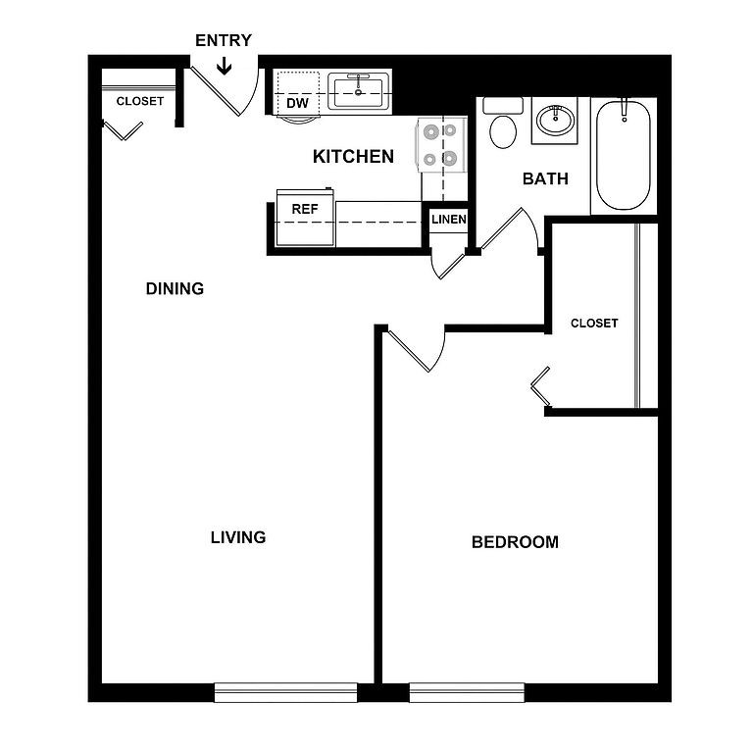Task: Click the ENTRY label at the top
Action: point(224,40)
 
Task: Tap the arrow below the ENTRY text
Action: point(224,67)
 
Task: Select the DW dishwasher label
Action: point(298,103)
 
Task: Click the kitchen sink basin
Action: point(358,93)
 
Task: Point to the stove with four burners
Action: point(442,144)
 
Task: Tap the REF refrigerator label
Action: point(305,210)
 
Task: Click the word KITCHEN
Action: point(353,157)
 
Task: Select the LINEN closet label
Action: point(449,220)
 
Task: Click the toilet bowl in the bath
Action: point(503,131)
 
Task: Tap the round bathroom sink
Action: point(555,120)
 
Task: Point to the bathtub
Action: point(624,155)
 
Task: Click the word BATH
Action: point(545,178)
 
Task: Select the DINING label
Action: point(175,288)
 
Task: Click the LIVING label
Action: point(238,537)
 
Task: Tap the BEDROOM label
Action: point(515,542)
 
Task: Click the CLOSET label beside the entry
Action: point(140,101)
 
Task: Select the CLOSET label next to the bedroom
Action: point(594,324)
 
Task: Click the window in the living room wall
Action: point(285,692)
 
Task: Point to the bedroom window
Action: point(467,692)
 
